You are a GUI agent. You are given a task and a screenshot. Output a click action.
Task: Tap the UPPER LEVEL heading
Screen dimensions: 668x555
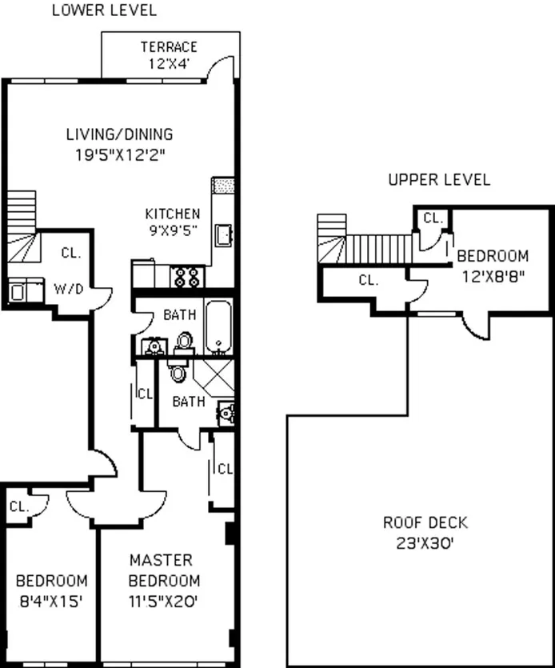439,180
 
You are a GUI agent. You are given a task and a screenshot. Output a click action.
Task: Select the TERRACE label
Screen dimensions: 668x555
169,46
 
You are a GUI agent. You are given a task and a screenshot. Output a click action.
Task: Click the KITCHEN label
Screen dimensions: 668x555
172,214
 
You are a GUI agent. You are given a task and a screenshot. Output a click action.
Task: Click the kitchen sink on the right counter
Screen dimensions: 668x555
224,234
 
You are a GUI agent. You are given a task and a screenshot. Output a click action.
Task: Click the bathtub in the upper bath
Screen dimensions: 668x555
218,327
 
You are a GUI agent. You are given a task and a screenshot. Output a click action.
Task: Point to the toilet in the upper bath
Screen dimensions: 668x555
185,342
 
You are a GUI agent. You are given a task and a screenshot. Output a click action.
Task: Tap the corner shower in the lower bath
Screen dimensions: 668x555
214,374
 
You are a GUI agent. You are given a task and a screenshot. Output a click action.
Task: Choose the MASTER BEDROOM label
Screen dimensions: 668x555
165,570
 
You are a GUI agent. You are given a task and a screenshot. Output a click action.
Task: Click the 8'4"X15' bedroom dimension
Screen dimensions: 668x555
52,600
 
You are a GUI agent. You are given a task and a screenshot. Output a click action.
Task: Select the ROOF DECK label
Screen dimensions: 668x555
425,523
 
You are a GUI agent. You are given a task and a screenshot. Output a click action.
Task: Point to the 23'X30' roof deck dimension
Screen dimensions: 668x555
425,543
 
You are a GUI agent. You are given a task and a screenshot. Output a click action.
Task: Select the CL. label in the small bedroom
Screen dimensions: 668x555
18,506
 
